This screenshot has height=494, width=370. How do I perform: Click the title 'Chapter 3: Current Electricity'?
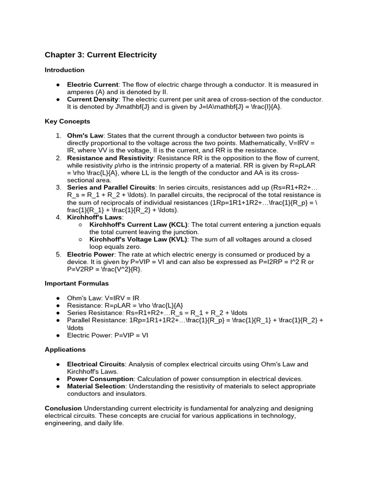click(x=101, y=55)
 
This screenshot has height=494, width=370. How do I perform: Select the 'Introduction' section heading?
click(x=65, y=70)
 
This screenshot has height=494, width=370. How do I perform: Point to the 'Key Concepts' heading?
click(x=67, y=122)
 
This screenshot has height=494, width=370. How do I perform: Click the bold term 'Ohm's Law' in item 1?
click(x=85, y=136)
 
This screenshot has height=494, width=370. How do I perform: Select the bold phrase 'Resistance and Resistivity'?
click(x=110, y=158)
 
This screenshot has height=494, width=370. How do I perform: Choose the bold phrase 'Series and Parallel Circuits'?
click(x=111, y=188)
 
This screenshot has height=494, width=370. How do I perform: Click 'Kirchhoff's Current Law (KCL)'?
click(x=139, y=225)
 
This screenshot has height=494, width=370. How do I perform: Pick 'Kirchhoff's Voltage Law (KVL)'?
click(x=139, y=239)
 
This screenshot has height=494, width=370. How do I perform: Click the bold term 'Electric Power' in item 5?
click(x=91, y=254)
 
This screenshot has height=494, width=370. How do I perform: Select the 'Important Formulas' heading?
click(x=77, y=283)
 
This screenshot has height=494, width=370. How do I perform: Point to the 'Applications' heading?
click(x=65, y=349)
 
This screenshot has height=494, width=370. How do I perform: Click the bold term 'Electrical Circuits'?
click(x=96, y=364)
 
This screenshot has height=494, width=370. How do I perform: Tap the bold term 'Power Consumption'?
click(x=101, y=379)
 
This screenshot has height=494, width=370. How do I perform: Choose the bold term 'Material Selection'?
click(x=95, y=386)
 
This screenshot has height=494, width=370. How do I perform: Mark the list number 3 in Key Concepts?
click(x=58, y=188)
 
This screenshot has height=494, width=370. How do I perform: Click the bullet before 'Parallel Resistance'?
click(x=58, y=320)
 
